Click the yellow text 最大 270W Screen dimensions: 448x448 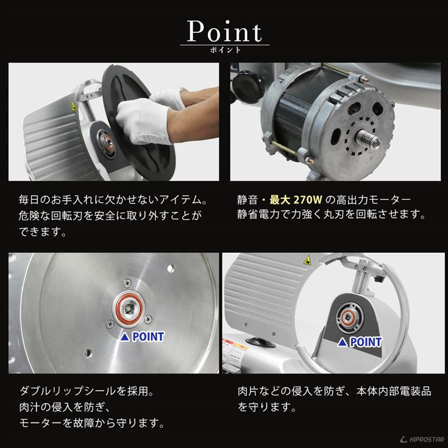point(286,199)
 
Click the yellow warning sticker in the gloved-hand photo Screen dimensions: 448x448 point(74,106)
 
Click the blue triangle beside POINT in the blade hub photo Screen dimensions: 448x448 point(124,336)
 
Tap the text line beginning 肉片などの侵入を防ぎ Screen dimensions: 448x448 point(335,390)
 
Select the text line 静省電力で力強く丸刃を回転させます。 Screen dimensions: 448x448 point(331,215)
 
